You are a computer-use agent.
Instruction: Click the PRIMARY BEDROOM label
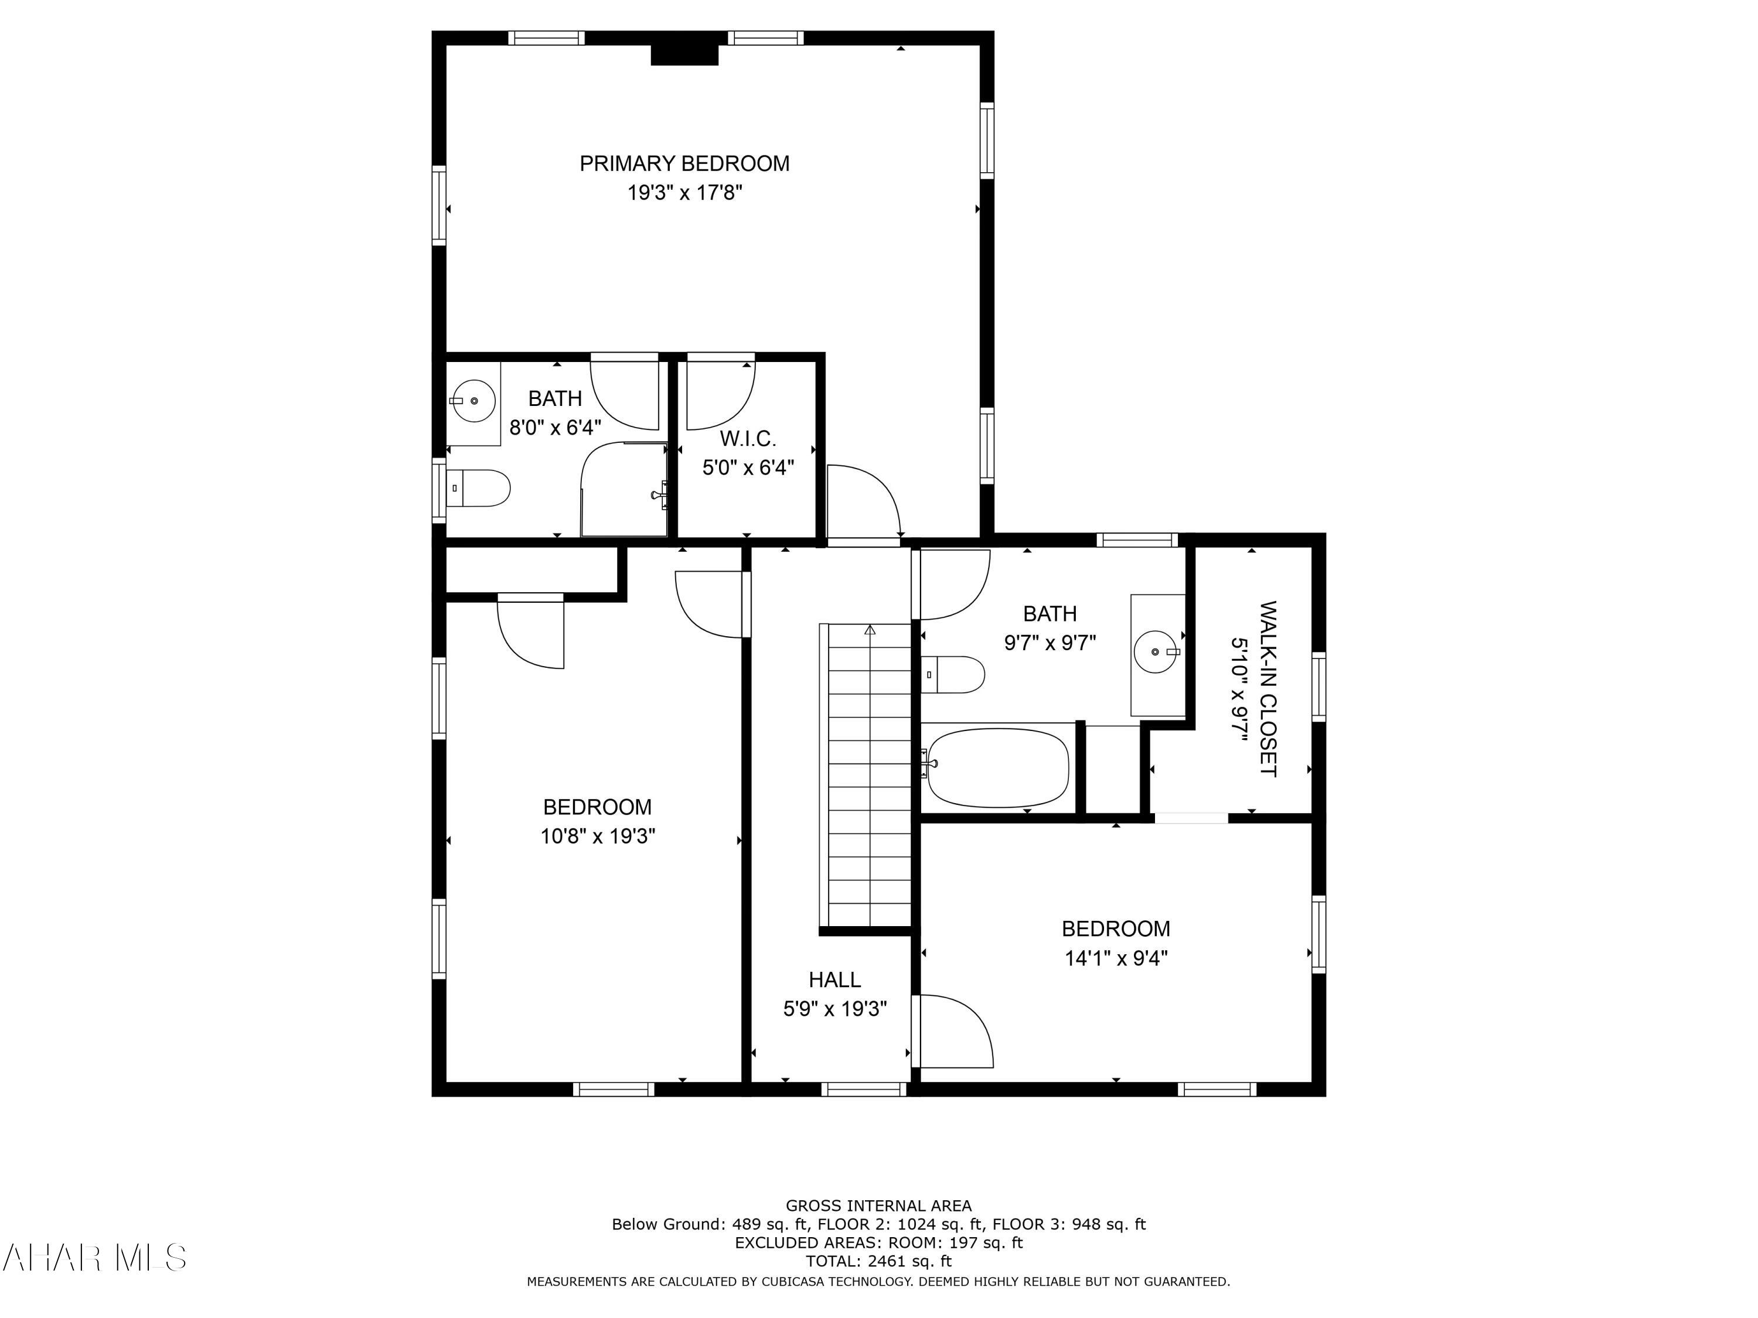(x=684, y=163)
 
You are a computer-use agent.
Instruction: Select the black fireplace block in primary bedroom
(x=684, y=55)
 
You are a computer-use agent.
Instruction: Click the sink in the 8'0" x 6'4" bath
(x=473, y=401)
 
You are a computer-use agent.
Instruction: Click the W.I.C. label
(x=748, y=439)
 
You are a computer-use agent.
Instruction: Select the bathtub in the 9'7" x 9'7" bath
(x=998, y=767)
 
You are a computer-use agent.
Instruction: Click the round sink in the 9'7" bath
(x=1156, y=651)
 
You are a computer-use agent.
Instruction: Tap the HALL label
(x=834, y=979)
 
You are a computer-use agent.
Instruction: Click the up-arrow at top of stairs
(x=870, y=630)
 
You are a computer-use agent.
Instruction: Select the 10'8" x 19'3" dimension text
(x=598, y=836)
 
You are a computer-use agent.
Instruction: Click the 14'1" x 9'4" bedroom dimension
(x=1116, y=959)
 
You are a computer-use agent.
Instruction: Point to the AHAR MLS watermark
(x=94, y=1258)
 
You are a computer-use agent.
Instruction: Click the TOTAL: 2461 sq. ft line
(x=878, y=1261)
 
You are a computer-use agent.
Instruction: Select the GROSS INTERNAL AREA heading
(x=878, y=1206)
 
